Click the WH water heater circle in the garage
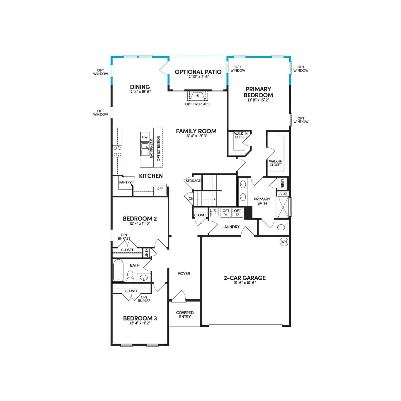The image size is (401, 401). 284,242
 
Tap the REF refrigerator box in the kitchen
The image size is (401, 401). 160,189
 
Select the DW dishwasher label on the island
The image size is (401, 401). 145,137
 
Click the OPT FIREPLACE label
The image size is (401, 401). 197,104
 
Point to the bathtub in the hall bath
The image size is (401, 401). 118,270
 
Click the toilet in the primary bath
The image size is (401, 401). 283,227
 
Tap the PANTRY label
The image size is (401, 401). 125,182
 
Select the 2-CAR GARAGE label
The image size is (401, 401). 245,278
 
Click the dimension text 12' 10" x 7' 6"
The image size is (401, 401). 198,77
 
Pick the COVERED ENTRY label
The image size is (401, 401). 185,315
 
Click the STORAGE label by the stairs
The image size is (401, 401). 193,181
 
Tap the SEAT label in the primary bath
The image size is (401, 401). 283,194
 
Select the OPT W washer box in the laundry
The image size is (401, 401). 226,213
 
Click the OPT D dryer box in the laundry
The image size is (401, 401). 237,213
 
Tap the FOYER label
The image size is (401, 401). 184,274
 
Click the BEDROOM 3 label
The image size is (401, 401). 140,318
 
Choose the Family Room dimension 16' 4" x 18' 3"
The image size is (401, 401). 196,136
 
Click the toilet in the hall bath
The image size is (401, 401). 130,276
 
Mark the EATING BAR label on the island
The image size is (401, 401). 151,149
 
